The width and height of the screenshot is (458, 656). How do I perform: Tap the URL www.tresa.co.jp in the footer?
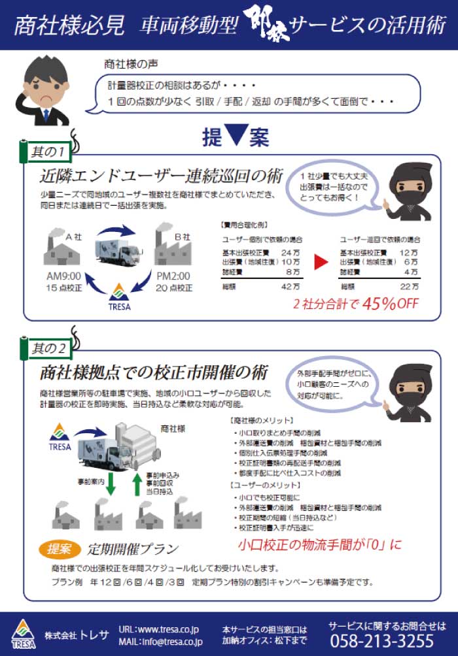click(160, 629)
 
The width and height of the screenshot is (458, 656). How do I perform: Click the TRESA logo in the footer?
click(23, 633)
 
